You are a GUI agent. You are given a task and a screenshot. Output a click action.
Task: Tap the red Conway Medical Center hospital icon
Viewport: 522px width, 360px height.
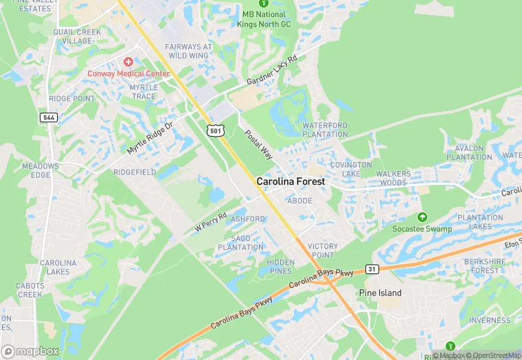[x=128, y=63]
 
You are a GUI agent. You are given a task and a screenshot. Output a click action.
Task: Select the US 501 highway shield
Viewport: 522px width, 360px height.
[x=216, y=129]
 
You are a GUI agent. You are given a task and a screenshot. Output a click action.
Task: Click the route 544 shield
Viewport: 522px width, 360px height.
[x=48, y=117]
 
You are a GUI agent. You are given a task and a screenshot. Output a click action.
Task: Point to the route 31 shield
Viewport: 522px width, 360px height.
[x=372, y=268]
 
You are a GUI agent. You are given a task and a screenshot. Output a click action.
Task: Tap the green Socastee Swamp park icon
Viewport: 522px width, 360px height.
[x=422, y=216]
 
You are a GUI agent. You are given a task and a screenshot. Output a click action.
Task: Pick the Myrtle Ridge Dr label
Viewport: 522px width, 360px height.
[x=151, y=134]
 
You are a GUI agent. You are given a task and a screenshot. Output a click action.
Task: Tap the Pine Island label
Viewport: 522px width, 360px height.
[x=381, y=293]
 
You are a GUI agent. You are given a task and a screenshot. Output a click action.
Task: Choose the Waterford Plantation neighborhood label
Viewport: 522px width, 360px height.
[x=325, y=130]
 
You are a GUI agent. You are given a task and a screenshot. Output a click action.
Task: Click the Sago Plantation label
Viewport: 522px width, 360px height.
[x=247, y=243]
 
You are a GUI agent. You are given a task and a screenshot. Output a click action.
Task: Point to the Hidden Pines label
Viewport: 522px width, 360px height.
[x=280, y=267]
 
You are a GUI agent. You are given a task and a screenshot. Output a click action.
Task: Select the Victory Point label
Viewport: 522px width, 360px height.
[x=323, y=251]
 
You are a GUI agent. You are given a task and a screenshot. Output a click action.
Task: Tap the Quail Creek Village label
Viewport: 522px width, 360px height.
[x=77, y=36]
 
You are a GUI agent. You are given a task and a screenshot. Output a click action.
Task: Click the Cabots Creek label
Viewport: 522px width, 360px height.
[x=30, y=290]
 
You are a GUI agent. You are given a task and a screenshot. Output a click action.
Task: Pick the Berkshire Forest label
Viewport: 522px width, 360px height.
[x=485, y=266]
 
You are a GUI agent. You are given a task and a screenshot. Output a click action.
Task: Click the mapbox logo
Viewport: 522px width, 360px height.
[x=30, y=350]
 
